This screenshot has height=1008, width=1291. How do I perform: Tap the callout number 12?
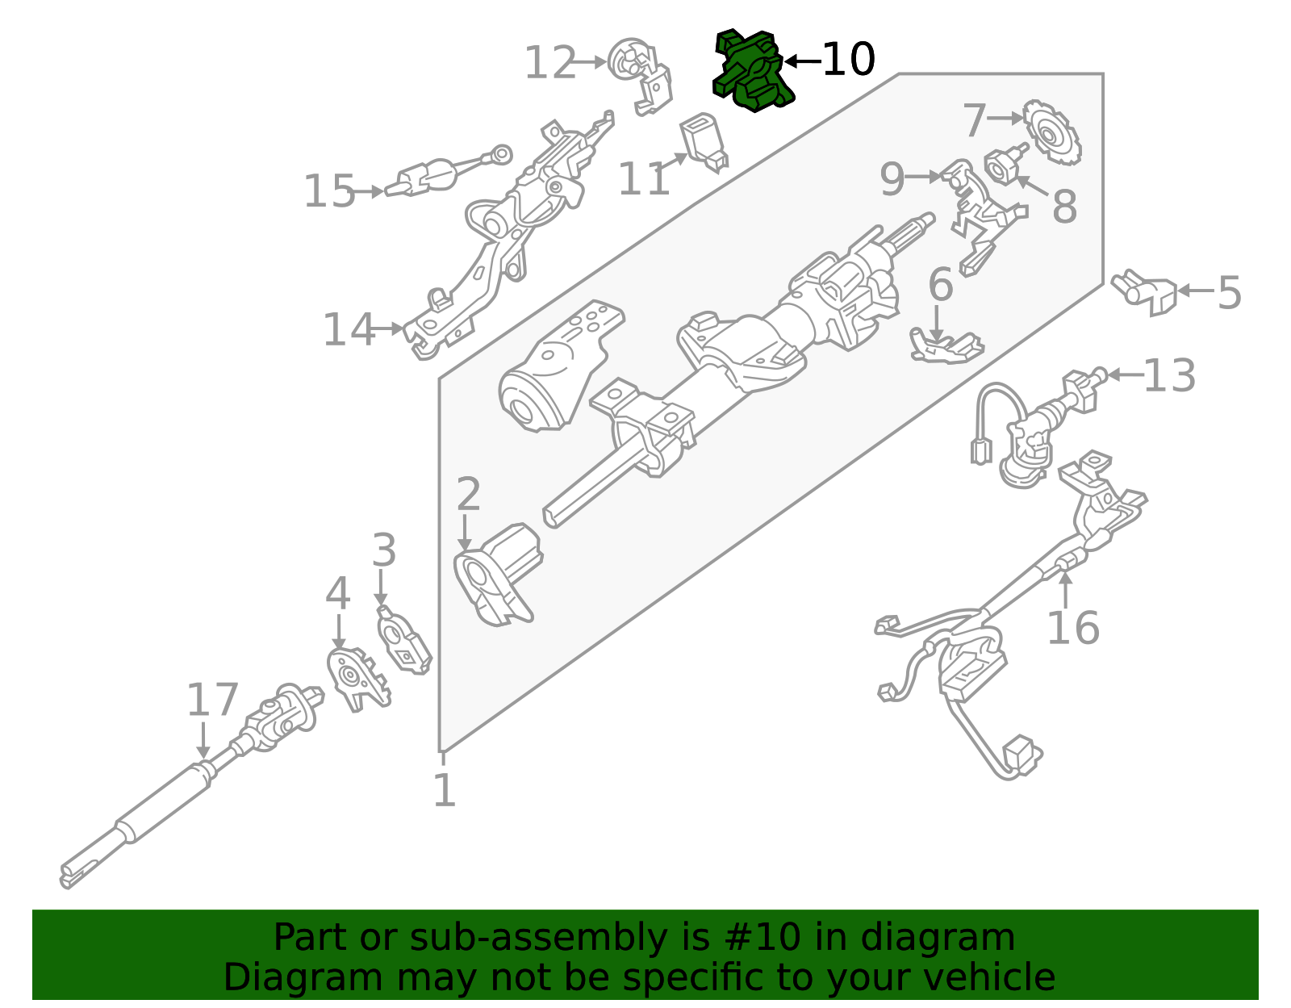pos(550,63)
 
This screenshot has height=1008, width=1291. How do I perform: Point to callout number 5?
pos(1229,292)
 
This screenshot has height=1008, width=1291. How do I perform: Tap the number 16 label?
pos(1072,628)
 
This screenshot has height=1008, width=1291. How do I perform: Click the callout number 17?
pos(212,700)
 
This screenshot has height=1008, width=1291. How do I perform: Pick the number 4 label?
pos(337,594)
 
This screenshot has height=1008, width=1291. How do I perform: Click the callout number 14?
pos(349,329)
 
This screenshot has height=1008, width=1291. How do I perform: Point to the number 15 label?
pos(328,192)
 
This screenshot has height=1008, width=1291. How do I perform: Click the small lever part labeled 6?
pos(944,347)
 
